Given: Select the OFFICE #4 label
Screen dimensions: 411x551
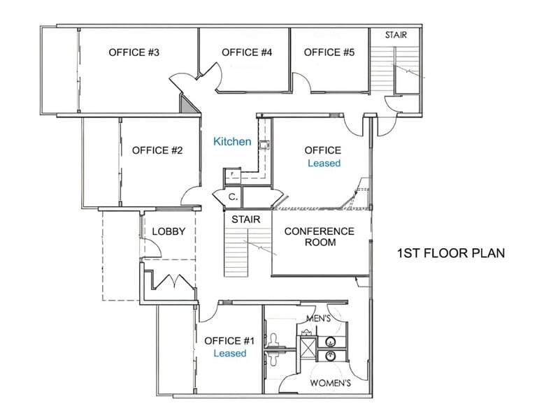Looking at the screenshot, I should point(246,52).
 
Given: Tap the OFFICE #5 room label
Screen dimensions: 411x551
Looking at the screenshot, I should point(329,52).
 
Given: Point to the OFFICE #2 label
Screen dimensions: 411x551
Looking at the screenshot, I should point(157,150).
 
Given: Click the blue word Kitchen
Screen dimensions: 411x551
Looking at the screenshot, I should point(232,142).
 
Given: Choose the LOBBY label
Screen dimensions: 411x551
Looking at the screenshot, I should point(168,232).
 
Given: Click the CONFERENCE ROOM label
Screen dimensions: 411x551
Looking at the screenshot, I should point(319,237).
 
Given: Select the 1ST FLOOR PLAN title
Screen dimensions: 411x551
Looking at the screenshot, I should point(450,252).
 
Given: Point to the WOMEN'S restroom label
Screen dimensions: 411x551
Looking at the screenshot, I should point(330,384).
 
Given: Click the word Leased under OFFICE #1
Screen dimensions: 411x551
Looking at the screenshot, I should point(230,354).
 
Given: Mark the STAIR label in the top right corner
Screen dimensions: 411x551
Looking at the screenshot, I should point(396,34).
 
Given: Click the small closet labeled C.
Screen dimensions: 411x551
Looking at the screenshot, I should point(233,197).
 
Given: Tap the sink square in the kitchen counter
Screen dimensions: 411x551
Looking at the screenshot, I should point(265,146).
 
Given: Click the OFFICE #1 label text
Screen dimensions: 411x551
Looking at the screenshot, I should point(229,341).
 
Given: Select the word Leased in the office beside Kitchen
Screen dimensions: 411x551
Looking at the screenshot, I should point(324,163).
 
